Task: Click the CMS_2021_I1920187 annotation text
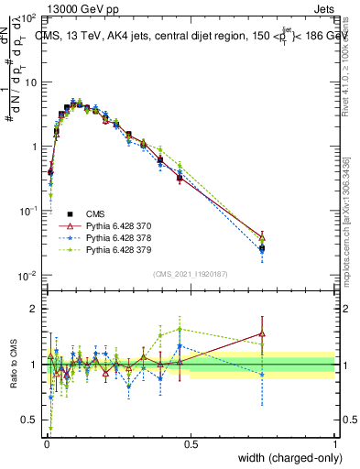191,274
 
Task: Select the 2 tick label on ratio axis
35,309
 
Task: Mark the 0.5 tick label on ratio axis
31,420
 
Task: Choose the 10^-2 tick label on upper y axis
27,276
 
